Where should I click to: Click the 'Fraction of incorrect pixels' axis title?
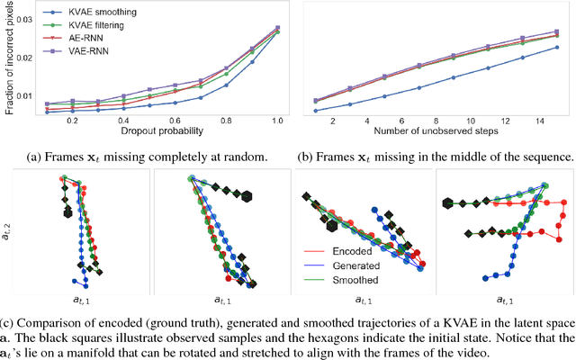coord(8,60)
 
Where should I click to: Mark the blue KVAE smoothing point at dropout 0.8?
coord(225,85)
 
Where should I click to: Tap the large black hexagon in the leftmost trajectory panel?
coord(67,213)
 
